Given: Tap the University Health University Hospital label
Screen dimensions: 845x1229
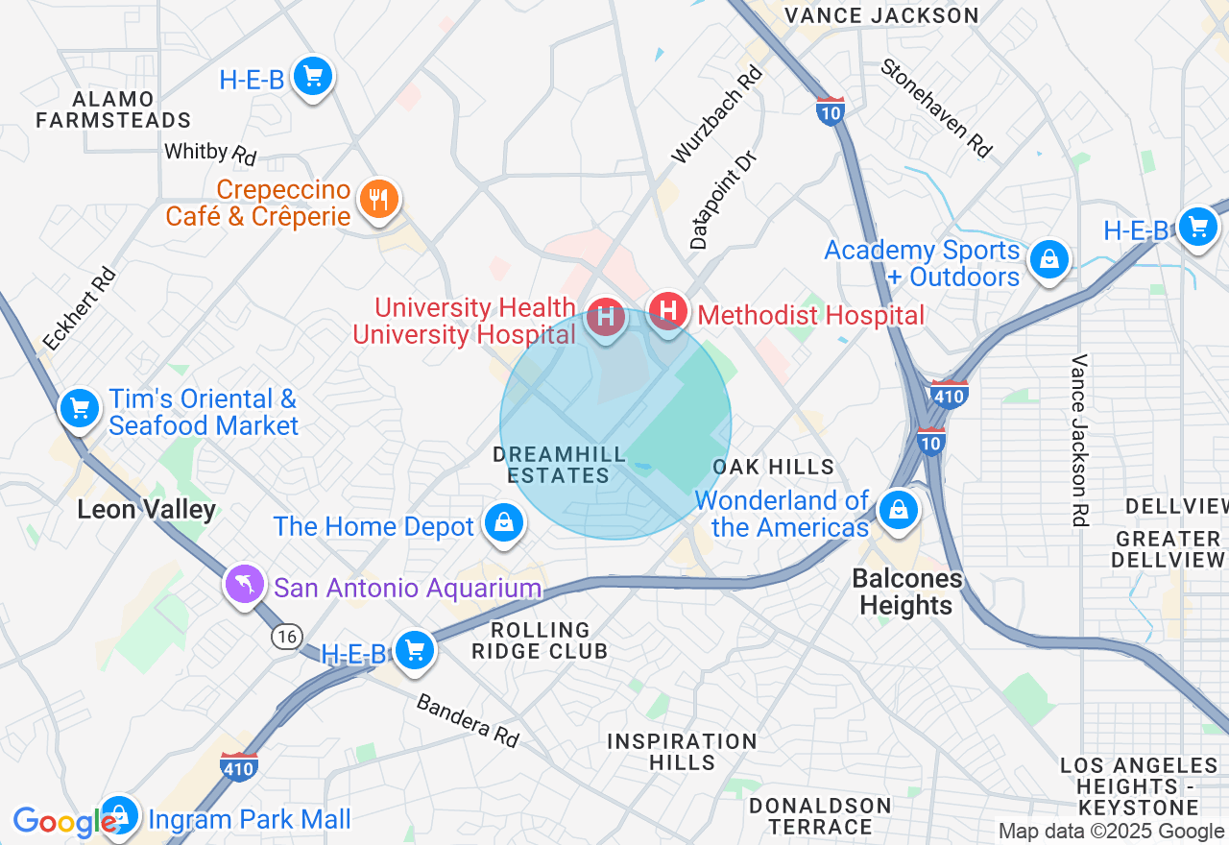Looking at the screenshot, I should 464,322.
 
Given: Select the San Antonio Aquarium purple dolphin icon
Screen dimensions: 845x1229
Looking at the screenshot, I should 244,584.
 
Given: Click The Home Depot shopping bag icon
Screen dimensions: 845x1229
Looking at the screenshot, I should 503,523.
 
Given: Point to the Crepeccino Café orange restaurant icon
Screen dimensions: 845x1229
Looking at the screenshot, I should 378,201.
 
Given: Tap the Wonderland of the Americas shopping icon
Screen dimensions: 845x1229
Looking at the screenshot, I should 899,509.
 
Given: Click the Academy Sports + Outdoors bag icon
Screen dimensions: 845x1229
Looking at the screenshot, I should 1048,259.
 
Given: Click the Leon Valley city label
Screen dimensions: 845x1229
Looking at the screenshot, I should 146,509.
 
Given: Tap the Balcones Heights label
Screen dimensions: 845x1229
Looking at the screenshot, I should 905,591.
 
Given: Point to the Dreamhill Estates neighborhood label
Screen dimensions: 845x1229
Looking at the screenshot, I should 551,464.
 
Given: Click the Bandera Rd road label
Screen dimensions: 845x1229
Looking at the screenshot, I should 468,720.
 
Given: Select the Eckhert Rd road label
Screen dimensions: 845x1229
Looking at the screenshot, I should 79,308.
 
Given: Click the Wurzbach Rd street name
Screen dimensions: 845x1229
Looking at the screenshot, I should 717,113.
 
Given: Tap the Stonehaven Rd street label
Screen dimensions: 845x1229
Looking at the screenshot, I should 936,108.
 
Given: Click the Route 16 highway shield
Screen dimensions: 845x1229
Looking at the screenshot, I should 285,636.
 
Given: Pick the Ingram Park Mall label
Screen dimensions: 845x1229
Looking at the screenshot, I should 250,819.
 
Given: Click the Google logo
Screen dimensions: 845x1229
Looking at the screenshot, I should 63,822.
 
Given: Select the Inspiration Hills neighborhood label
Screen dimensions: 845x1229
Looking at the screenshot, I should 682,752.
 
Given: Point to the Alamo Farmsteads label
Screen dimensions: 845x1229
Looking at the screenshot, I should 113,109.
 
